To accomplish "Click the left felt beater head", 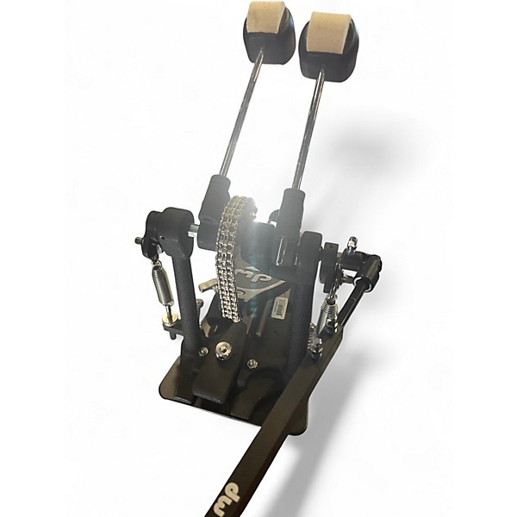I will tap(269, 16).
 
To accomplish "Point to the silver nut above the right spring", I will tap(351, 247).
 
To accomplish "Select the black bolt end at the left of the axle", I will tap(139, 240).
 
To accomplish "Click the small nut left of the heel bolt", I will tap(203, 352).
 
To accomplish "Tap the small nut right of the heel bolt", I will tap(252, 363).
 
